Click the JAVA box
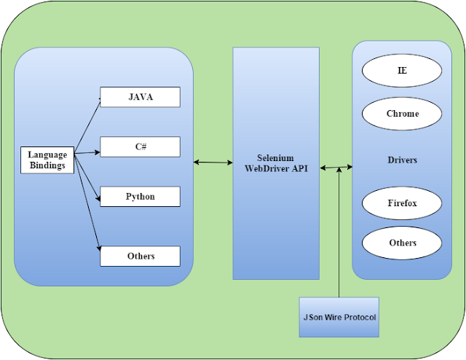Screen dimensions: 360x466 (140, 97)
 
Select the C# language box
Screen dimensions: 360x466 (140, 146)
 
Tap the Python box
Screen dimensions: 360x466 (140, 197)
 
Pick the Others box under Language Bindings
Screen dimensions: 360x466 (140, 257)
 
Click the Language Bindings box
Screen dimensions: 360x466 (47, 160)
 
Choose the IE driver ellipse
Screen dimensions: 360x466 (402, 71)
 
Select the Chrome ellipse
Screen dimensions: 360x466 (402, 114)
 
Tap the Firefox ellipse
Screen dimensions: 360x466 (402, 203)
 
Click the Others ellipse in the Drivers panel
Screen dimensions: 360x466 (402, 243)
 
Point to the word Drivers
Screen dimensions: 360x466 (402, 160)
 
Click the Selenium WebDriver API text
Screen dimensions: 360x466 (275, 163)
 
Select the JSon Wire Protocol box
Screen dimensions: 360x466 (339, 317)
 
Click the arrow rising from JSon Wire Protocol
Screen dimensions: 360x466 (339, 240)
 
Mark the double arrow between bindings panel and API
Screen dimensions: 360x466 (213, 163)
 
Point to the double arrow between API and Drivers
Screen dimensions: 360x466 (335, 168)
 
